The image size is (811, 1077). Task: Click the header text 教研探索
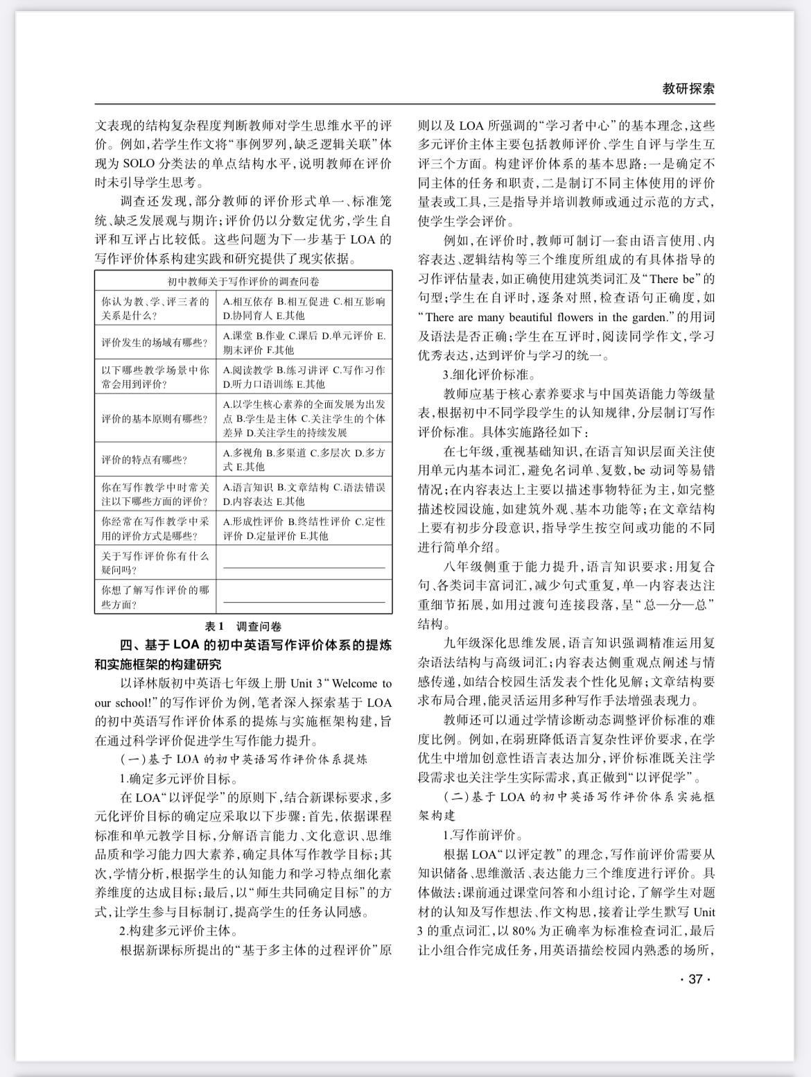(688, 88)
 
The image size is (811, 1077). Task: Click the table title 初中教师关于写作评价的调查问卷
(243, 282)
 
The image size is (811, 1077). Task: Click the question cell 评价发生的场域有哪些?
(155, 343)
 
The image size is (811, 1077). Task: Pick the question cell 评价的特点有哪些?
(144, 460)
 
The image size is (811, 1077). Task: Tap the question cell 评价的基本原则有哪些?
(155, 419)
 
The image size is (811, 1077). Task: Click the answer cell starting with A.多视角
(304, 460)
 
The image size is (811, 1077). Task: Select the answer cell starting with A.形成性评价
(304, 528)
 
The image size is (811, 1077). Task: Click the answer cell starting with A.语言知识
(304, 494)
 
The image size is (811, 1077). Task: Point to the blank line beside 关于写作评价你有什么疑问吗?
(304, 567)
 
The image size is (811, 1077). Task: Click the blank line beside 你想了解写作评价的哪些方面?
(304, 601)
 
